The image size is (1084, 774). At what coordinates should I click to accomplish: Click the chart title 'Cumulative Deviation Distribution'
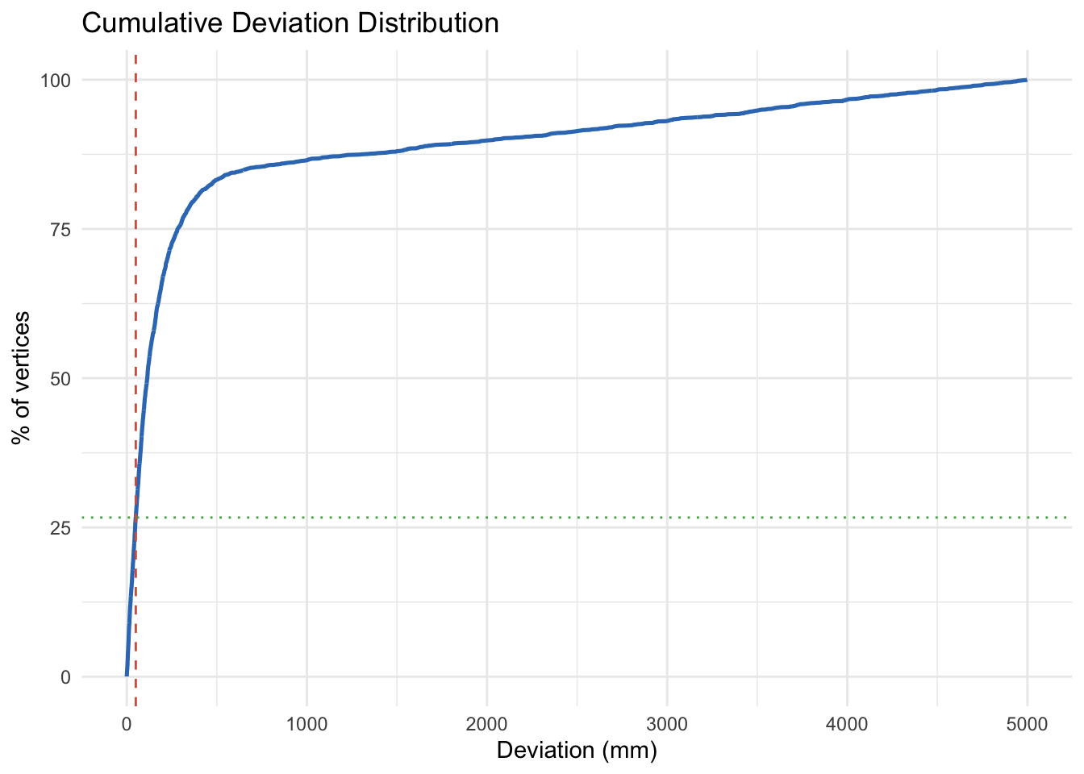click(x=290, y=23)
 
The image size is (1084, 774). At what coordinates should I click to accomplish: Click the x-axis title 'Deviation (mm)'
click(x=577, y=751)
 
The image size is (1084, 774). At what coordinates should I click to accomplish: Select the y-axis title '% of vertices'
click(x=22, y=377)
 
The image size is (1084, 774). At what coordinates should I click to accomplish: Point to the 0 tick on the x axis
click(x=127, y=725)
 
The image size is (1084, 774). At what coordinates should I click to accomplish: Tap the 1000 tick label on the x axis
click(x=306, y=725)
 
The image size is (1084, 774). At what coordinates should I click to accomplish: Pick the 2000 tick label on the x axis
click(x=486, y=725)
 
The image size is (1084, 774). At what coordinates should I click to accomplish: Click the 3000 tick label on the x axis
click(x=667, y=725)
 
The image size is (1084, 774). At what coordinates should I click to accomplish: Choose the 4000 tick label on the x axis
click(x=847, y=725)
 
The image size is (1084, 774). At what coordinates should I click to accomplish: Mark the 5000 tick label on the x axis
click(x=1027, y=725)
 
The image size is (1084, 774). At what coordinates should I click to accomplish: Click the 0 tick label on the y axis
click(x=65, y=677)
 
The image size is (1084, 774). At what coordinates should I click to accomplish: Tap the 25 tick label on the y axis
click(x=60, y=528)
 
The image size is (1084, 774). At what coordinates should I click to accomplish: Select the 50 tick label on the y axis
click(x=60, y=379)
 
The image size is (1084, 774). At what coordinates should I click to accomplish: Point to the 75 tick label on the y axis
click(x=60, y=230)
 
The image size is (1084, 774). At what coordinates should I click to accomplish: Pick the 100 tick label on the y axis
click(x=56, y=81)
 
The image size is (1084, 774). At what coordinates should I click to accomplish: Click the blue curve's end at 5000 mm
click(x=1027, y=80)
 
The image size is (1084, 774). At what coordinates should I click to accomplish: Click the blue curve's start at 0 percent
click(x=127, y=676)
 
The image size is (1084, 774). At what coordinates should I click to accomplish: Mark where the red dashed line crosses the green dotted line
click(x=135, y=517)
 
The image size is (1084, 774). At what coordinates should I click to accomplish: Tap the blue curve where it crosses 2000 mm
click(x=486, y=140)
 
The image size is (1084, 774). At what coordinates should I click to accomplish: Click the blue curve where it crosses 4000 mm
click(x=847, y=100)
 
